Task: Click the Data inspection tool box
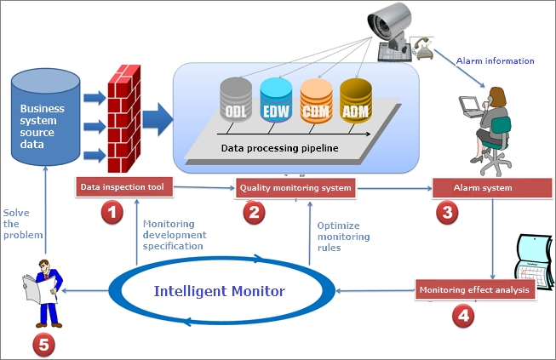point(126,186)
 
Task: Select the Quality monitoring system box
point(294,187)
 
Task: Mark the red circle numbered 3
point(445,212)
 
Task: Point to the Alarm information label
point(495,60)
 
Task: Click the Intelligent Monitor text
point(219,291)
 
